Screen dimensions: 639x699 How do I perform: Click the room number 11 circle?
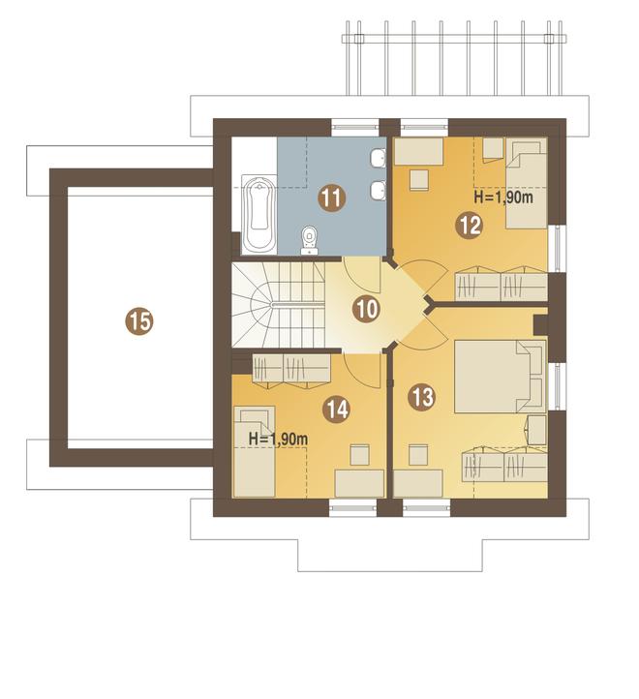click(332, 198)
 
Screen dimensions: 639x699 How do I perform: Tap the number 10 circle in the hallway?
click(367, 309)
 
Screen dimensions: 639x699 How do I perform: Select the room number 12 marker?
click(470, 226)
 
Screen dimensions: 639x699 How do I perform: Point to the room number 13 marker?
click(422, 396)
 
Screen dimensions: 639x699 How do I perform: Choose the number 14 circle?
click(337, 410)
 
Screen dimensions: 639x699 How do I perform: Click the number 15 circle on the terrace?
click(139, 321)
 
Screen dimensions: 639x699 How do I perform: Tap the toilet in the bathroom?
click(309, 240)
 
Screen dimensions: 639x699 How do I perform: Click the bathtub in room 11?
click(259, 215)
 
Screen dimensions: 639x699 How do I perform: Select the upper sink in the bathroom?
click(379, 158)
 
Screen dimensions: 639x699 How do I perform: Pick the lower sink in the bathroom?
click(379, 191)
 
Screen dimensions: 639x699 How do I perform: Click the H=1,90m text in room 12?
click(503, 198)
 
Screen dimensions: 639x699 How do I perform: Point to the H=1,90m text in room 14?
click(278, 439)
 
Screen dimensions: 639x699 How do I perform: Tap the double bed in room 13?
click(501, 377)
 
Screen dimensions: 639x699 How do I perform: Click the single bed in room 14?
click(255, 451)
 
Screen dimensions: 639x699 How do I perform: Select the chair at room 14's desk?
click(359, 455)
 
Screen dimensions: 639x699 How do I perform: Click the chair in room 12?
click(419, 180)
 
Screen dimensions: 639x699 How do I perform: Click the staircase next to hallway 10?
click(278, 304)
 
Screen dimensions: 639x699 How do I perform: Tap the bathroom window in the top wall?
click(355, 127)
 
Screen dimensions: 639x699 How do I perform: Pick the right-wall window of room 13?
click(557, 386)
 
